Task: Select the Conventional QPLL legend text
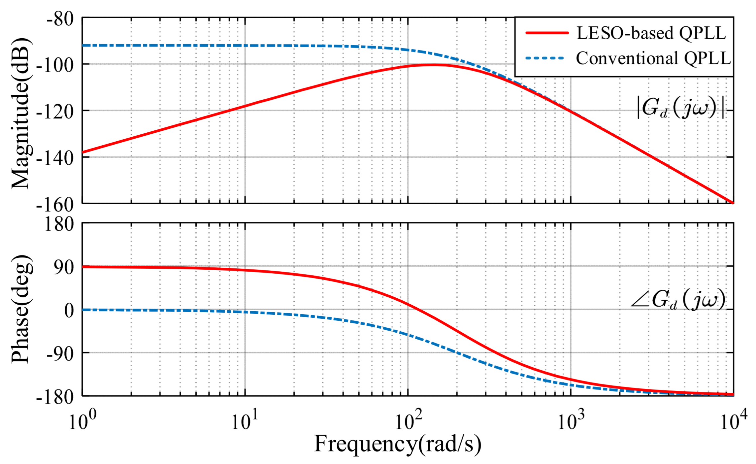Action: point(653,59)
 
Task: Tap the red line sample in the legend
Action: point(547,33)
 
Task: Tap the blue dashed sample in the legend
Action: point(545,59)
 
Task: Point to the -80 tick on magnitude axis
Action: point(60,19)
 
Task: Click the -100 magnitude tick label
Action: point(55,66)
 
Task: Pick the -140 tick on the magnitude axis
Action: point(55,159)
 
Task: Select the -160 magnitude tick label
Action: point(55,205)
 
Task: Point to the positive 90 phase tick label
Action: point(64,267)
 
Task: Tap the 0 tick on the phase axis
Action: point(69,311)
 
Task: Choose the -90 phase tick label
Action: point(60,354)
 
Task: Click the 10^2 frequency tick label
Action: point(408,421)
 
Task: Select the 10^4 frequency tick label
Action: point(733,421)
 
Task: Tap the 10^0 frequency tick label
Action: point(82,421)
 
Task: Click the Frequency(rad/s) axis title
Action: point(397,444)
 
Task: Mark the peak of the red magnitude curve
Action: point(434,65)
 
